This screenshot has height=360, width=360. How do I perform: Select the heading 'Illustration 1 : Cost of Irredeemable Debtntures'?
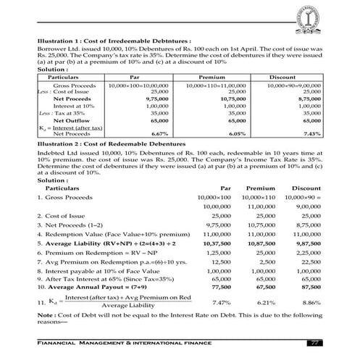pos(107,41)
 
